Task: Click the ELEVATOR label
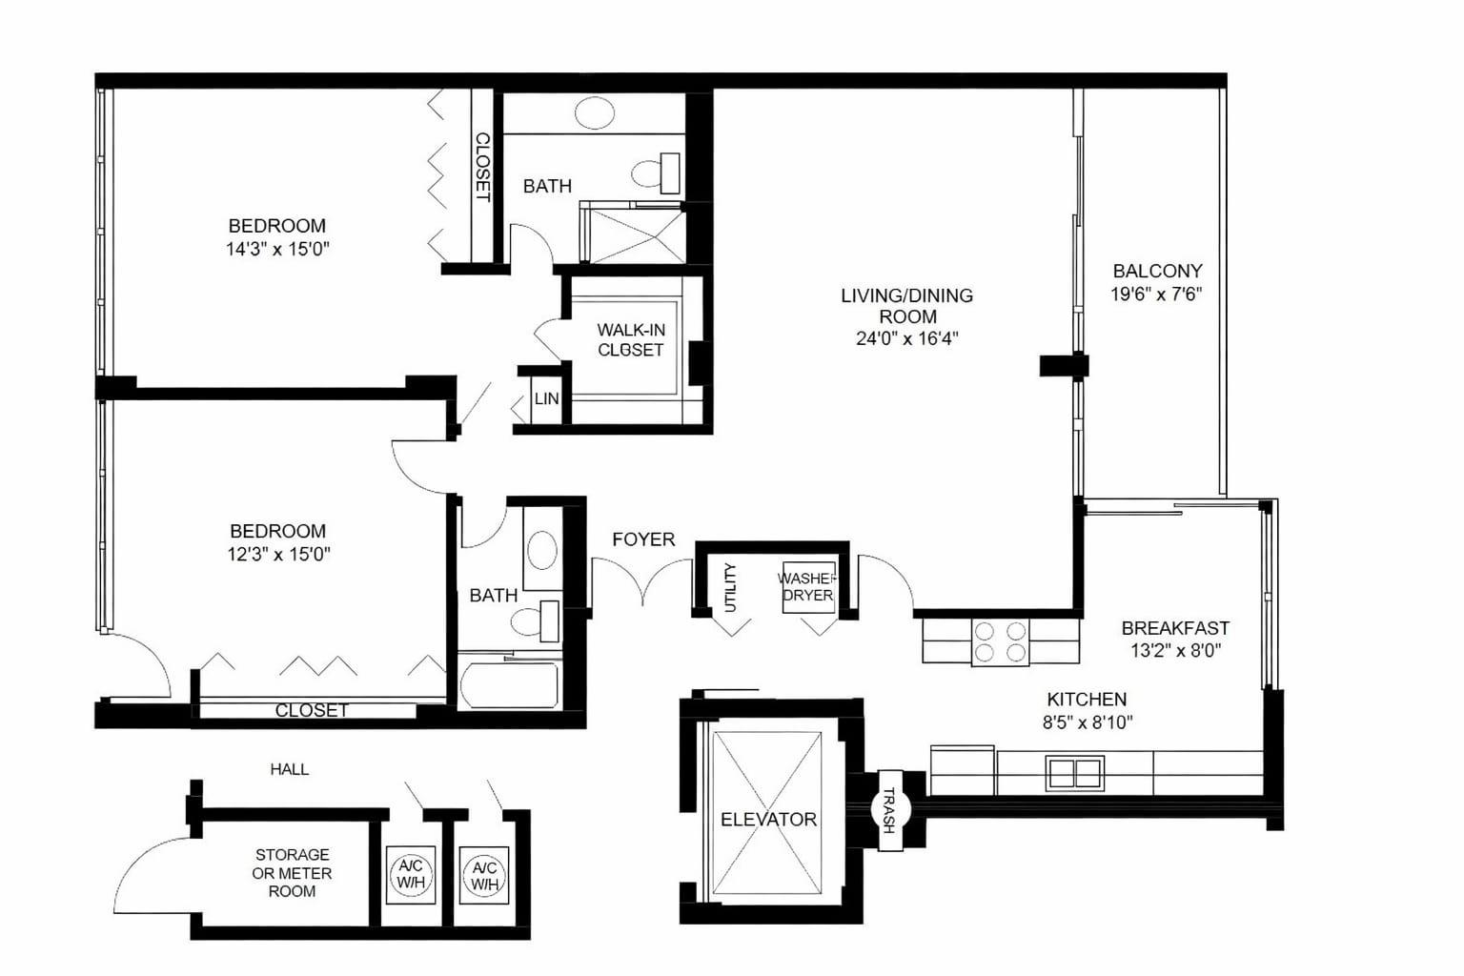[768, 819]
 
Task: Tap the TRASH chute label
[889, 810]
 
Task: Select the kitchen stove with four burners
[1000, 642]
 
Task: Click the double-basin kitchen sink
[1075, 773]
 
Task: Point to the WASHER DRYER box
[809, 587]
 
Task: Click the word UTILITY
[731, 587]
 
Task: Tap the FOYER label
[643, 539]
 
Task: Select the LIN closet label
[546, 398]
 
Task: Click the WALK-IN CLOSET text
[631, 340]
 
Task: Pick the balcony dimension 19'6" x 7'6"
[1157, 295]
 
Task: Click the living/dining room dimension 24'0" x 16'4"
[907, 338]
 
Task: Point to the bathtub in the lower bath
[510, 685]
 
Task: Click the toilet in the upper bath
[656, 173]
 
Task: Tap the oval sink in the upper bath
[594, 113]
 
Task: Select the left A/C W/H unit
[411, 874]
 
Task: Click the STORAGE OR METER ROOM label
[293, 873]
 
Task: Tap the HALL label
[290, 769]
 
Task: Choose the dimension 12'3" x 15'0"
[278, 555]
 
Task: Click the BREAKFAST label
[1176, 628]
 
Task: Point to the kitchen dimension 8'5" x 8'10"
[1088, 722]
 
